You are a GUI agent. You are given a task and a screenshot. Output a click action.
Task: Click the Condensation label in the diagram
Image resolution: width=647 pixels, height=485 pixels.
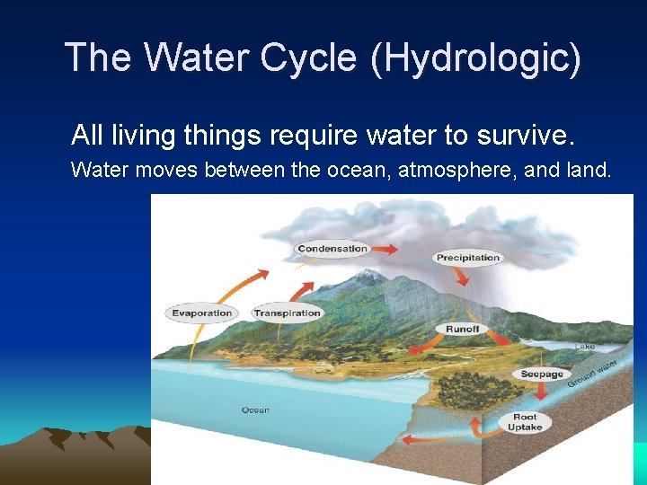click(x=332, y=249)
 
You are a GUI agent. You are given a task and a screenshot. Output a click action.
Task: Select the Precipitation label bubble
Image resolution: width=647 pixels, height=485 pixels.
click(x=467, y=258)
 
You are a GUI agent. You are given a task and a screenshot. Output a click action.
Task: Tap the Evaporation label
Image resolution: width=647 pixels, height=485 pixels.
click(x=201, y=313)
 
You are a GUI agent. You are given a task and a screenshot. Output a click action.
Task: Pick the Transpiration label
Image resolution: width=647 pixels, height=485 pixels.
click(x=287, y=313)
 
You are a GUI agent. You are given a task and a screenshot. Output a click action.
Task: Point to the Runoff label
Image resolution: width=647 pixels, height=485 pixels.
click(x=463, y=330)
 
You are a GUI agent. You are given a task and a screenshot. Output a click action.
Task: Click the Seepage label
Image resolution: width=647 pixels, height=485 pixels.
click(x=542, y=374)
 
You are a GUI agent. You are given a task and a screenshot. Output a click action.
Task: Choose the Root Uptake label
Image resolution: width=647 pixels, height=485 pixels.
click(x=525, y=422)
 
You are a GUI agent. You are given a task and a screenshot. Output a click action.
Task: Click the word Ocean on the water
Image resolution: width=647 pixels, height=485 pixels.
click(x=255, y=410)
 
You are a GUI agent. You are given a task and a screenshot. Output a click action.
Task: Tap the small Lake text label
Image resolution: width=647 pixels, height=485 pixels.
click(x=584, y=347)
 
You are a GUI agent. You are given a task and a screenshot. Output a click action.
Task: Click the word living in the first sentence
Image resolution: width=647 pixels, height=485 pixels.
click(x=142, y=135)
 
